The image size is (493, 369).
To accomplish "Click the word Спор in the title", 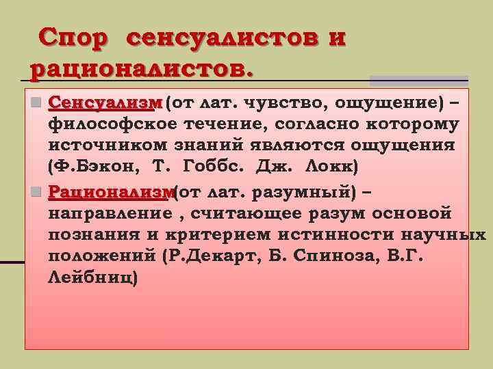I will click(73, 38).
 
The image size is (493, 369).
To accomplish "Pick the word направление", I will click(111, 215).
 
